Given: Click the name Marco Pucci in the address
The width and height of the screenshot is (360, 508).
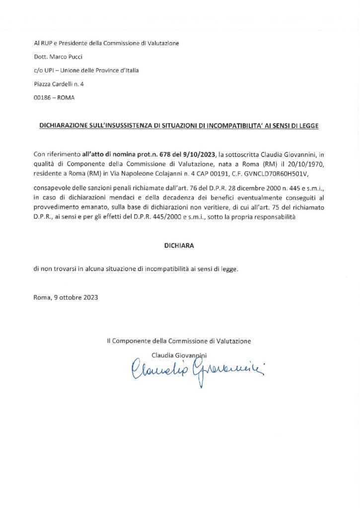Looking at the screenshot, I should click(64, 57).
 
